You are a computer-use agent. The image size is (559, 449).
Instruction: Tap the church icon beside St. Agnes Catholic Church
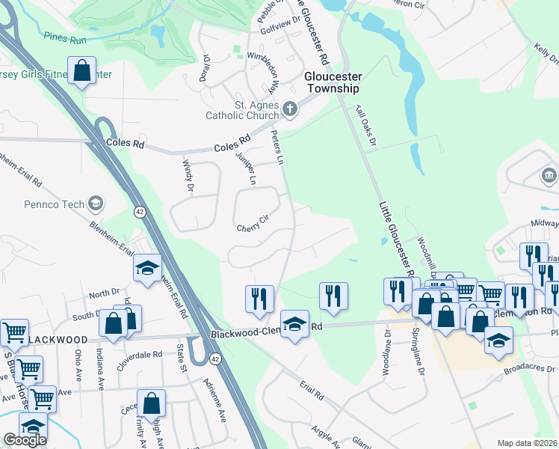290,110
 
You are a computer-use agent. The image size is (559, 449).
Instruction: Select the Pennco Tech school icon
95,203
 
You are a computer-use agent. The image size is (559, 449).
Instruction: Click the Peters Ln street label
277,147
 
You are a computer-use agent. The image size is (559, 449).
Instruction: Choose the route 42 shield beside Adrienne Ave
215,360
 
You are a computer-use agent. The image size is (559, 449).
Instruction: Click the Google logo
25,439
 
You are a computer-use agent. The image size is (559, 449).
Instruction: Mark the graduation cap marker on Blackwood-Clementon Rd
294,325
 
